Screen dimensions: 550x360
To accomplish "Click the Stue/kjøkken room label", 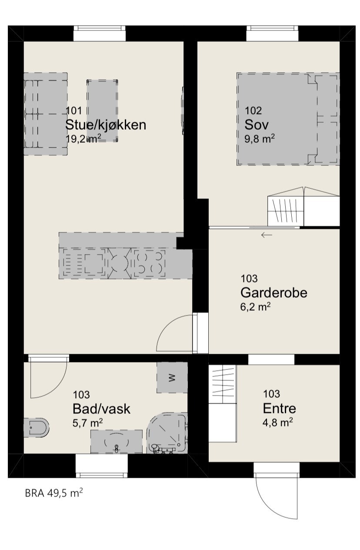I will [105, 125].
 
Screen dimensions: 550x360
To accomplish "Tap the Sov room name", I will [257, 125].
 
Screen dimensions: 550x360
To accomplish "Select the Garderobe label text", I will [273, 293].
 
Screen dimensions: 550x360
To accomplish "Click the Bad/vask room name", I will [101, 409].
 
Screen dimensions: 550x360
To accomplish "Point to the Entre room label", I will [279, 409].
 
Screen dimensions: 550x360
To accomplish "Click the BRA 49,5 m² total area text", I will [54, 493].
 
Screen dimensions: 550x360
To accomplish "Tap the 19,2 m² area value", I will [83, 139].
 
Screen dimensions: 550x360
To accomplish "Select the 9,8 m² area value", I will [260, 139].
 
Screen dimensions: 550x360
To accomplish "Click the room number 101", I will [73, 111].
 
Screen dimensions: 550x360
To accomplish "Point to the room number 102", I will [253, 111].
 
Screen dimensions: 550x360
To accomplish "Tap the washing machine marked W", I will [172, 377].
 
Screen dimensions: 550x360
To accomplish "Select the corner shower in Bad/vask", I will [168, 434].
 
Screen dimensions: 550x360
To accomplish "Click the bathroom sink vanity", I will [116, 442].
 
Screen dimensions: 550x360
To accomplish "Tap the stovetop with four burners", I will [149, 263].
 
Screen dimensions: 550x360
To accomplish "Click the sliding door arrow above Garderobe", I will [266, 235].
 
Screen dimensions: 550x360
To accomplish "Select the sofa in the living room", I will [45, 114].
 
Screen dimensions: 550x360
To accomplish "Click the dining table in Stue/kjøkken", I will [102, 111].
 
